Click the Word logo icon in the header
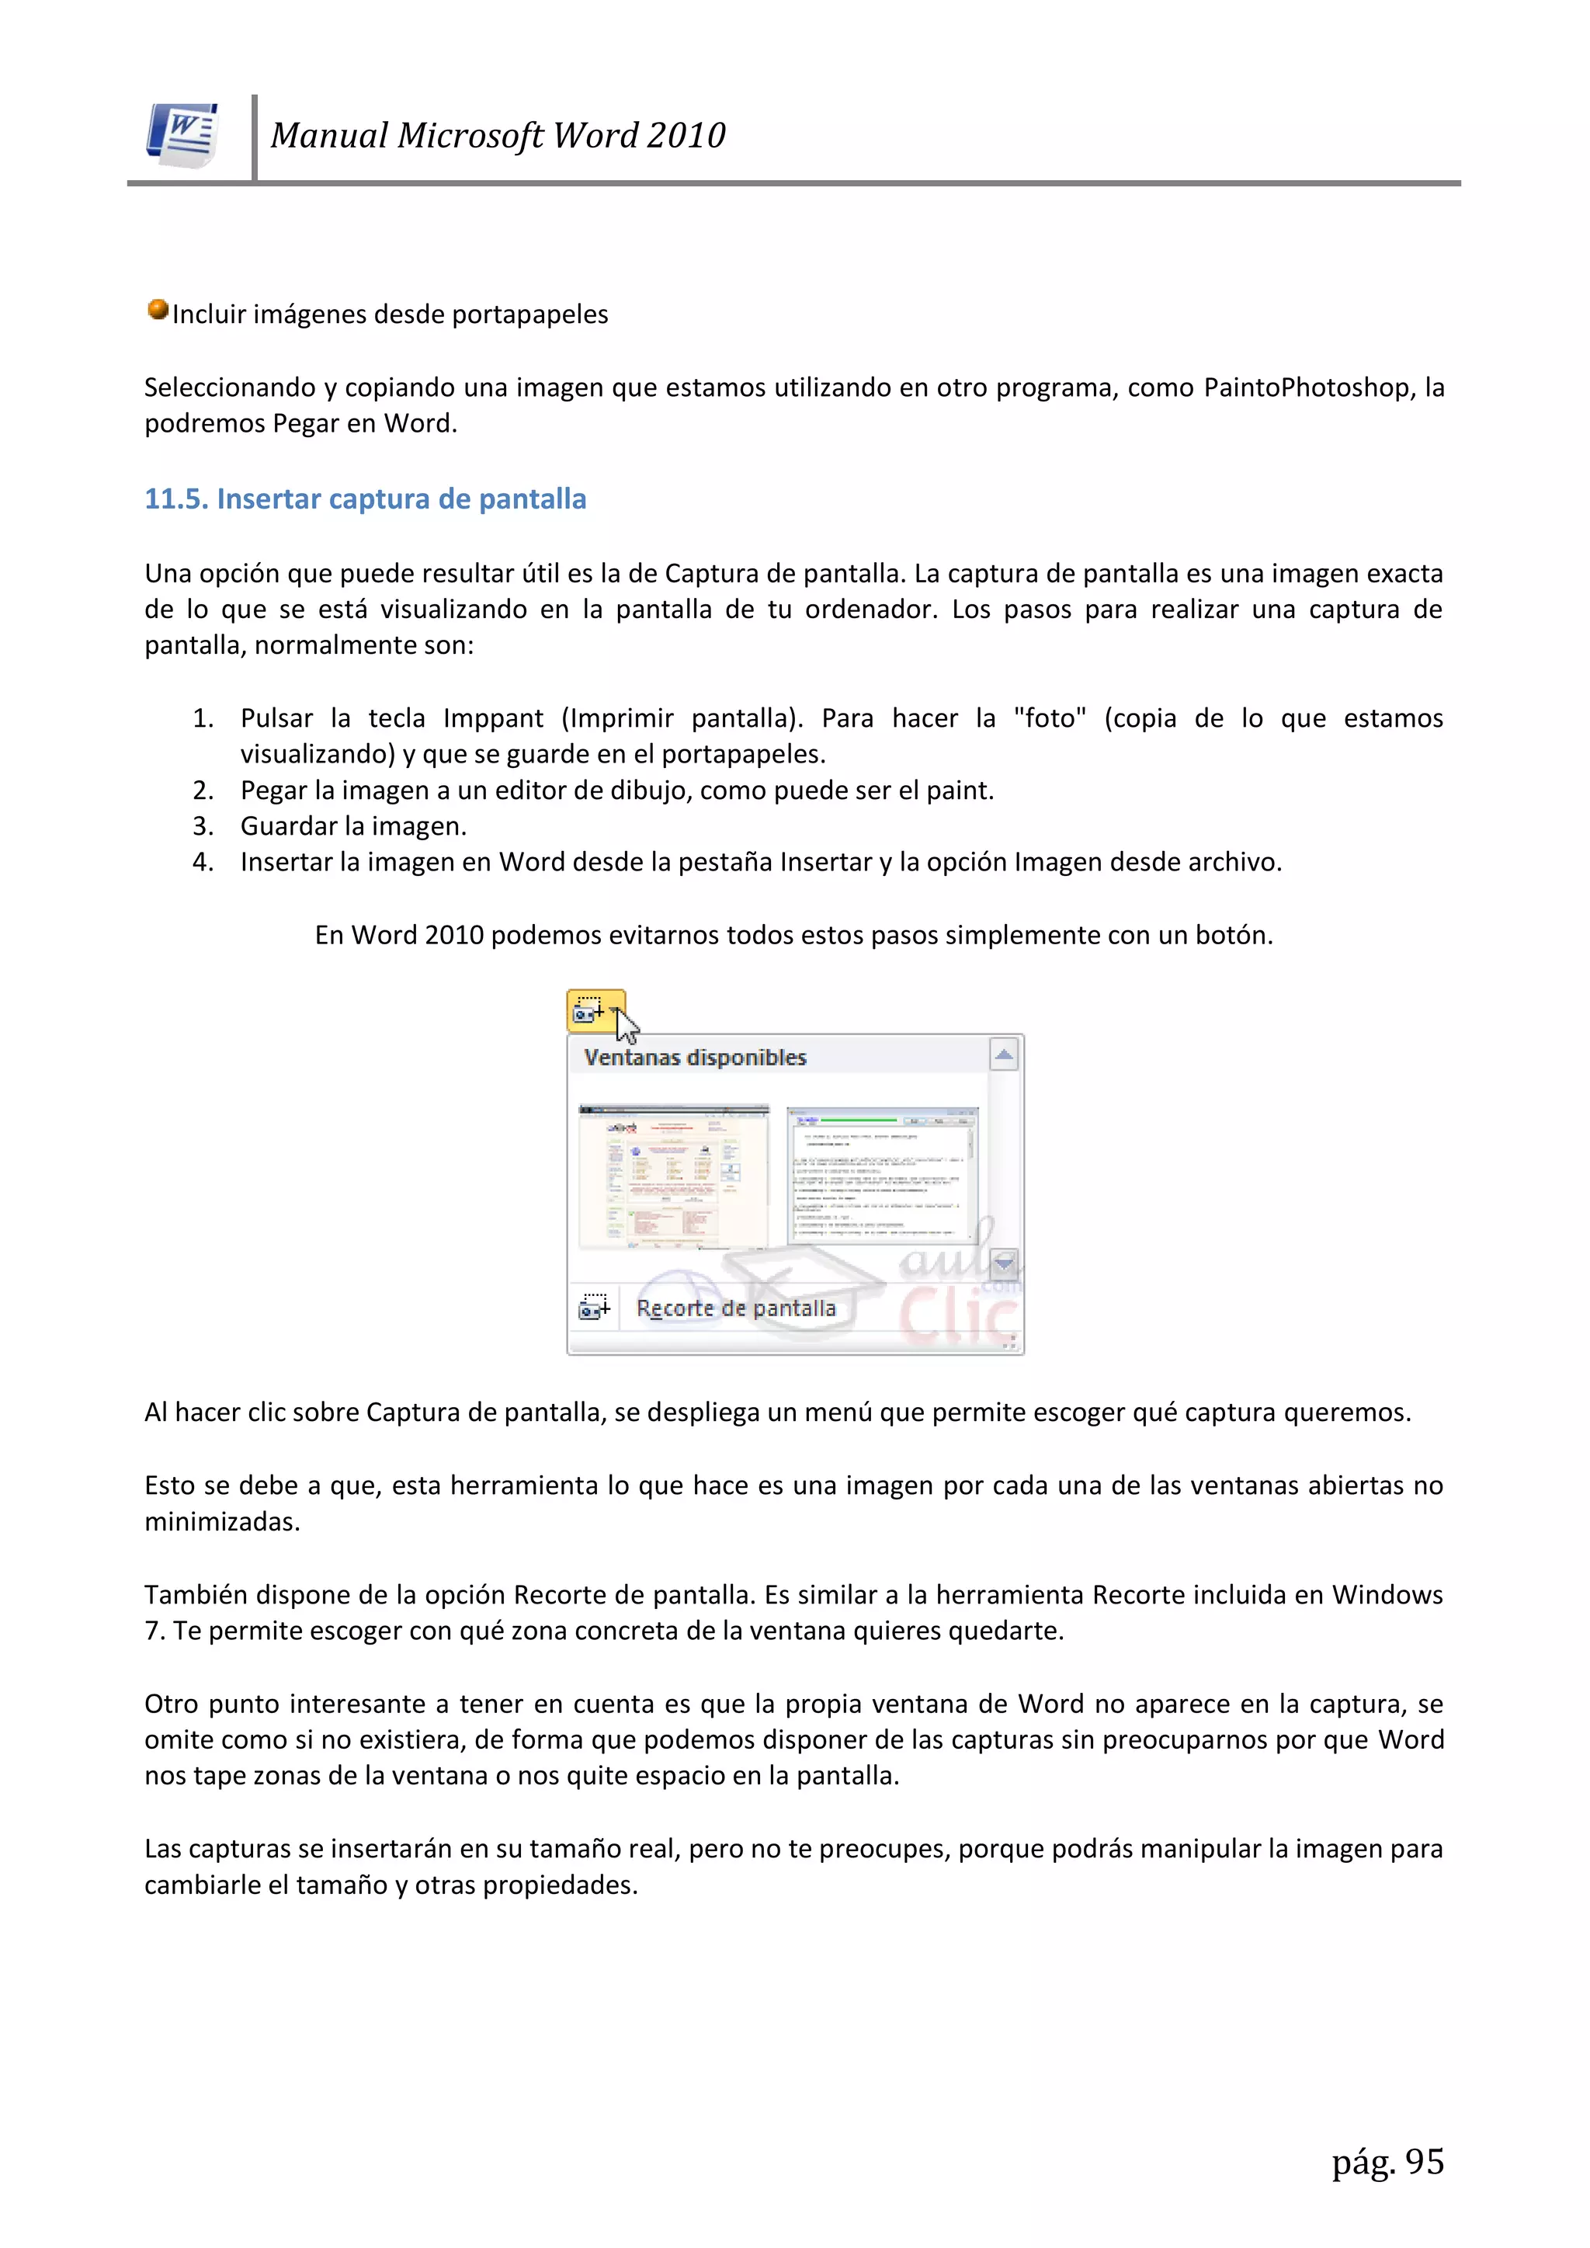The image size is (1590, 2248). coord(183,135)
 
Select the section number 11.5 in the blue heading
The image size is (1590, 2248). coord(176,499)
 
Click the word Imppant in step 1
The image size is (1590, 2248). coord(492,718)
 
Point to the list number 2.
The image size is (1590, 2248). coord(203,790)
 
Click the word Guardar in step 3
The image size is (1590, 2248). coord(290,826)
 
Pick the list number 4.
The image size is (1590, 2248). coord(203,863)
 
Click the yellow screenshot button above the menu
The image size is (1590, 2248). coord(589,1009)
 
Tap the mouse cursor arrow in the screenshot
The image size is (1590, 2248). coord(627,1025)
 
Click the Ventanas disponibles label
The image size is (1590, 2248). coord(695,1058)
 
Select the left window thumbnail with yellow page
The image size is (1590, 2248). coord(674,1178)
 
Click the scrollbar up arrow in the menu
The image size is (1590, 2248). coord(1005,1055)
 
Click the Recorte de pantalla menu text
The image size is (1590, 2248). coord(736,1309)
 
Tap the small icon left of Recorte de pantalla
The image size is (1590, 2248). coord(594,1306)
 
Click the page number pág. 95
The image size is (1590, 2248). coord(1387,2162)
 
